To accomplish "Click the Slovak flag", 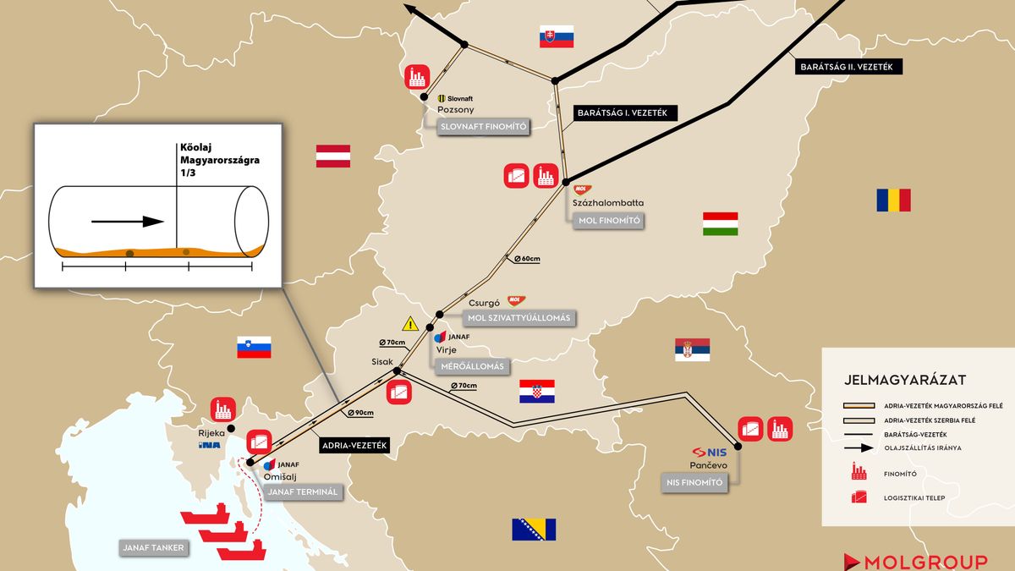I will tap(557, 36).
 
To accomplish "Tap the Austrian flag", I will tap(333, 156).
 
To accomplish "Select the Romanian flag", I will tap(893, 200).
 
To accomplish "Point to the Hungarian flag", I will tap(721, 224).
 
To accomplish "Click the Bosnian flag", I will tap(534, 530).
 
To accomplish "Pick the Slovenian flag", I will tap(254, 347).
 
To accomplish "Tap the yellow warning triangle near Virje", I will tap(410, 323).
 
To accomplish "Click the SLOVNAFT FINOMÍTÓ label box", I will tap(483, 127).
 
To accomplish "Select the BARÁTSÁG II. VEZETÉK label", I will tap(849, 66).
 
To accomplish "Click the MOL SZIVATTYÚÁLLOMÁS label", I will tap(518, 318).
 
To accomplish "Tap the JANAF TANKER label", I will tap(154, 547).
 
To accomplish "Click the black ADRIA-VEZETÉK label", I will tap(354, 446).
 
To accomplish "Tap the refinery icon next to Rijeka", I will tap(222, 409).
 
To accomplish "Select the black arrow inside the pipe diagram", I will tap(127, 222).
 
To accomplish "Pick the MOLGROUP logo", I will tap(915, 562).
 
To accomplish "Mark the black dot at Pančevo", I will tap(738, 446).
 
